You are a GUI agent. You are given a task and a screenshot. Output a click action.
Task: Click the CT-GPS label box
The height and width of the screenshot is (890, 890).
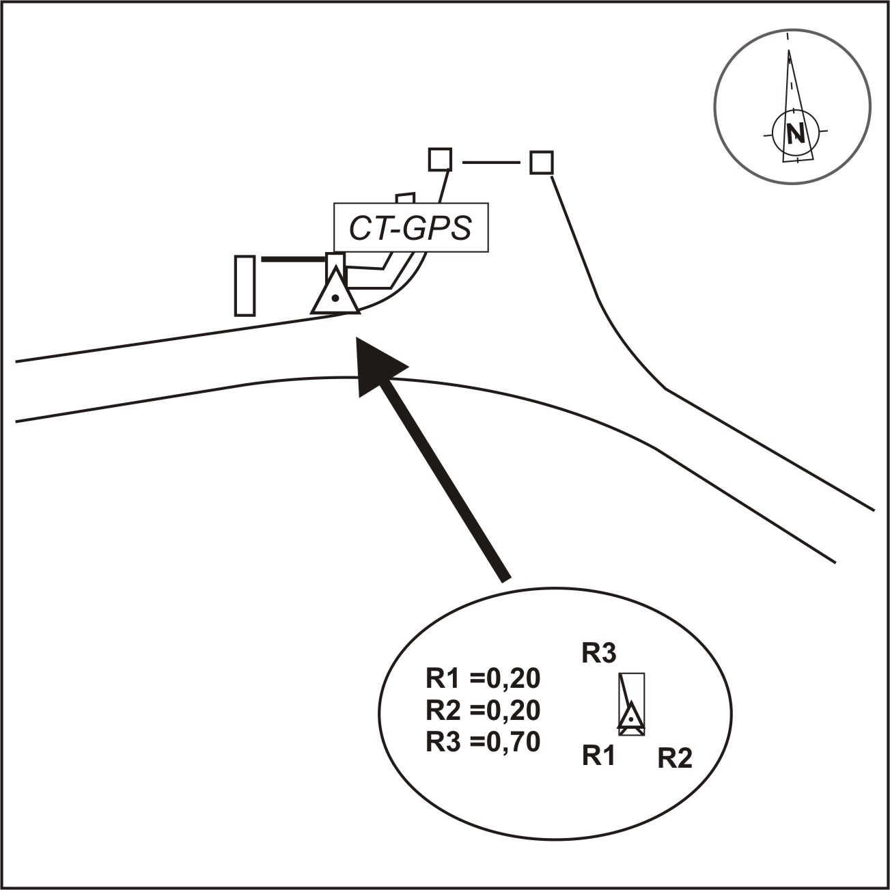coord(411,227)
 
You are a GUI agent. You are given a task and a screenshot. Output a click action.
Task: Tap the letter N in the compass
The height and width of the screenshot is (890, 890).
coord(796,134)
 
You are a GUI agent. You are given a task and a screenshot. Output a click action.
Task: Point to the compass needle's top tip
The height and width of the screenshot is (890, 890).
coord(788,51)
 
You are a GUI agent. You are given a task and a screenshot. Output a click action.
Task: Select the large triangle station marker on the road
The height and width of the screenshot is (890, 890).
coord(336,292)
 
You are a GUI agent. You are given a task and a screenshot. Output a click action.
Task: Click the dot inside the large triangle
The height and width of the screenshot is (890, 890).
coord(336,298)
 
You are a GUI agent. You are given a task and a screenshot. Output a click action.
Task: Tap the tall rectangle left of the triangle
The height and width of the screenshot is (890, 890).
coord(245,286)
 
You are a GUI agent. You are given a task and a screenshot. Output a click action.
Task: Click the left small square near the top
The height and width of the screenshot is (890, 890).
coord(440,160)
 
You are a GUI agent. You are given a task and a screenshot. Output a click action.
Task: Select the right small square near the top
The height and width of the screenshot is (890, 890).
coord(541,162)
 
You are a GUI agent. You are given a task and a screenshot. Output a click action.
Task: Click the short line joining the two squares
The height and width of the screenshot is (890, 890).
coord(491,163)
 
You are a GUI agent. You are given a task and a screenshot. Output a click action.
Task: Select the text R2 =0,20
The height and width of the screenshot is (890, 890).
coord(483,711)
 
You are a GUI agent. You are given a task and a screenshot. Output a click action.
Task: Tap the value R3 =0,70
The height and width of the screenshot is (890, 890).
coord(483,742)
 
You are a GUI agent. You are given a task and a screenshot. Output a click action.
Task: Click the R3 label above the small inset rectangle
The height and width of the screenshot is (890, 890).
coord(598,654)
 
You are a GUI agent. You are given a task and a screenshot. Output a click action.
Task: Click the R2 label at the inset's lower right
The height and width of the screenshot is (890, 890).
coord(675,759)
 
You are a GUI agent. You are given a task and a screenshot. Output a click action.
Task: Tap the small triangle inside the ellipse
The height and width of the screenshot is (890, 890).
coord(630,717)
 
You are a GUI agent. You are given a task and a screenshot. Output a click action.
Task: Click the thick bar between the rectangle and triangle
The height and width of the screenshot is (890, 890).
coord(294,260)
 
